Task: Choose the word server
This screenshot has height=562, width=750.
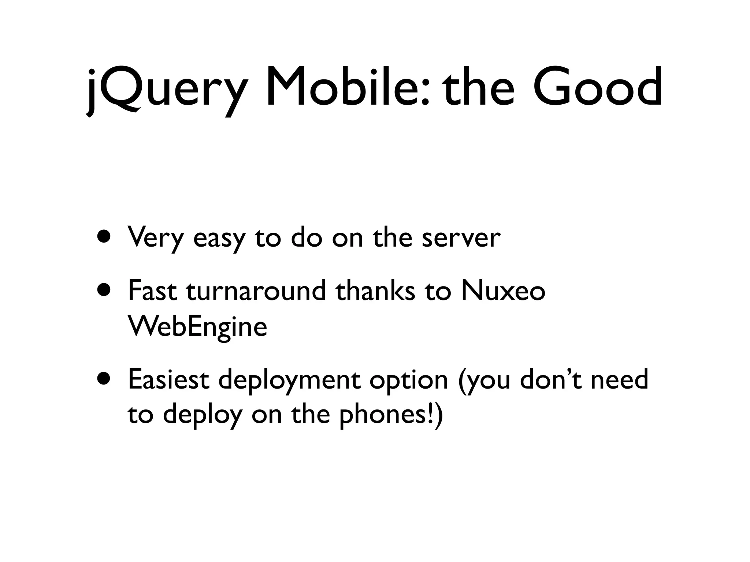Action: (x=461, y=238)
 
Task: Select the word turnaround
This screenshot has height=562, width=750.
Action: (x=256, y=291)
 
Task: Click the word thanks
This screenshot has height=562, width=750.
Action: (x=376, y=291)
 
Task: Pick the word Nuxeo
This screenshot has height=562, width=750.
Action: (x=504, y=291)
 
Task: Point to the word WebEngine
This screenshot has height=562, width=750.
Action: (x=197, y=327)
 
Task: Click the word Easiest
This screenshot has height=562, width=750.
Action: (x=169, y=380)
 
